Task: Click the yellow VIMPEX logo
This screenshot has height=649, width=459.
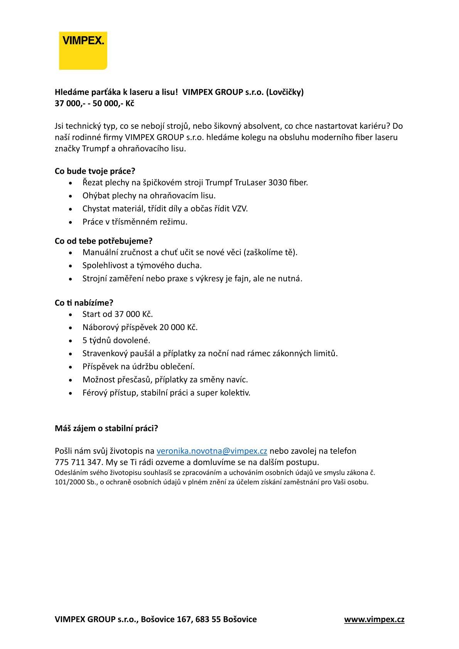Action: (83, 51)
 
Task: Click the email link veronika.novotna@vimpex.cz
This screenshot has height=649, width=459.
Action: (212, 451)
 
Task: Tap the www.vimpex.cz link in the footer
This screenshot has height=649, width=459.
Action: (374, 619)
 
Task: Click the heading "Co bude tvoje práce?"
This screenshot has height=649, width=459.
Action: (95, 171)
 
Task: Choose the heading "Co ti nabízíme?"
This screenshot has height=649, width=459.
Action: (84, 303)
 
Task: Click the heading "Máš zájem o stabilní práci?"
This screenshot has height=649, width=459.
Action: (106, 428)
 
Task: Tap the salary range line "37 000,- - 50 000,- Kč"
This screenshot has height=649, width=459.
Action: (94, 104)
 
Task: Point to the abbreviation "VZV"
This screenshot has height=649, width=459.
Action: (239, 209)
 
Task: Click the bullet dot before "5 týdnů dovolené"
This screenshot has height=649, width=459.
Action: (70, 341)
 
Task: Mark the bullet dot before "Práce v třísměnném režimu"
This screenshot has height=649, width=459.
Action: (70, 223)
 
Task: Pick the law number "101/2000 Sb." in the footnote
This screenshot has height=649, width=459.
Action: (72, 482)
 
